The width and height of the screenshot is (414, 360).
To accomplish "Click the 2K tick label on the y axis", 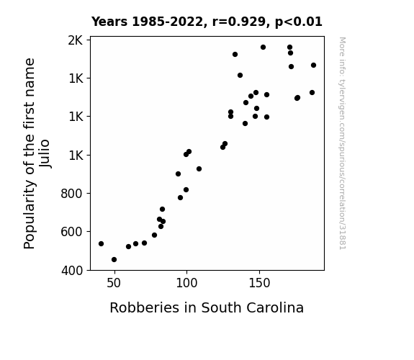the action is pyautogui.click(x=76, y=40).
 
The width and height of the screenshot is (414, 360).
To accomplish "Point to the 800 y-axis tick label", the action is pyautogui.click(x=71, y=194).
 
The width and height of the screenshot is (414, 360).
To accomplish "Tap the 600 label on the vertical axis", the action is pyautogui.click(x=71, y=232).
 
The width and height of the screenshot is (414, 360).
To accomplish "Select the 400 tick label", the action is pyautogui.click(x=72, y=271).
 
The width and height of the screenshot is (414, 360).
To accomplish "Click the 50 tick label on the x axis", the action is pyautogui.click(x=114, y=283).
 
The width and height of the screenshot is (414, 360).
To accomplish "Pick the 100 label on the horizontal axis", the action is pyautogui.click(x=186, y=283).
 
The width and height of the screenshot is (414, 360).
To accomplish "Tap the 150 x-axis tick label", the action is pyautogui.click(x=259, y=283).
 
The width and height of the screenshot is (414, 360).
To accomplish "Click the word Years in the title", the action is pyautogui.click(x=109, y=22).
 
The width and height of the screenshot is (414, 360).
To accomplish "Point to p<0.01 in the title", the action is pyautogui.click(x=299, y=22).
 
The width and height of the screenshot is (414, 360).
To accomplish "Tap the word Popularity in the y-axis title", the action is pyautogui.click(x=30, y=215).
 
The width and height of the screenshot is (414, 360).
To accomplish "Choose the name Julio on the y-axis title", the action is pyautogui.click(x=45, y=153).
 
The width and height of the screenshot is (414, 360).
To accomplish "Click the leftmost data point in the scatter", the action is pyautogui.click(x=101, y=243).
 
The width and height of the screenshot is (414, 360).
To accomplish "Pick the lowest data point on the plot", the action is pyautogui.click(x=114, y=259).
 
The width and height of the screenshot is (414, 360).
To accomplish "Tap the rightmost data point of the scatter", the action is pyautogui.click(x=313, y=65).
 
